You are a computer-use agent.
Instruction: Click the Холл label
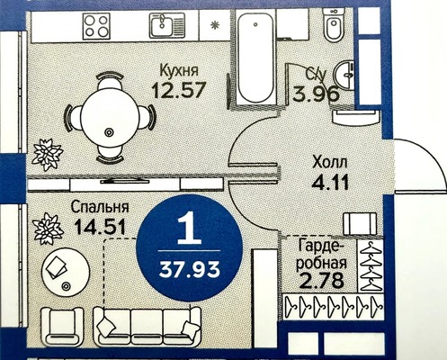[328, 164]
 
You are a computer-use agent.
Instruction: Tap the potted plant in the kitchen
[44, 155]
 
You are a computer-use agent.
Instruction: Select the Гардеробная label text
[320, 256]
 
